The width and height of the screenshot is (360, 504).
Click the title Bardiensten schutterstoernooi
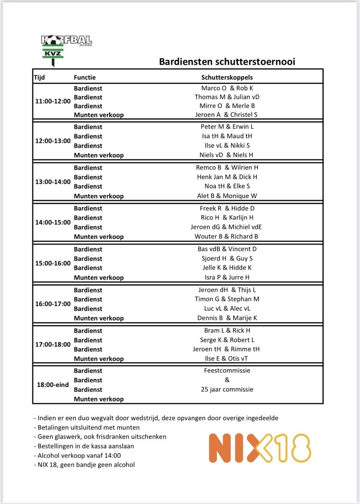[x=227, y=62]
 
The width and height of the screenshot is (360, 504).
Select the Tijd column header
[x=39, y=77]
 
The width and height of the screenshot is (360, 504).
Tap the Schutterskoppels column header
[x=227, y=77]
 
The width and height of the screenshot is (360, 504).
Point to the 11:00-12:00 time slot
[x=53, y=101]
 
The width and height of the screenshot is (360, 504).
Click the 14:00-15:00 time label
[x=53, y=222]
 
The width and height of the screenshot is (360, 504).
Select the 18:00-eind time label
[x=53, y=385]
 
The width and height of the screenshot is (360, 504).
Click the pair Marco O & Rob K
[x=227, y=88]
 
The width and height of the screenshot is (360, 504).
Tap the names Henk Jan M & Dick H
[x=227, y=177]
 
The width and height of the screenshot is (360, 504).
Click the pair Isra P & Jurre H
[x=227, y=277]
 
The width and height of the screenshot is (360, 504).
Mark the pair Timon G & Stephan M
[x=227, y=299]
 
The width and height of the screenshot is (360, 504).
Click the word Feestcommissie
[x=227, y=370]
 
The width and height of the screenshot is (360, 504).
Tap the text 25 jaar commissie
[x=227, y=389]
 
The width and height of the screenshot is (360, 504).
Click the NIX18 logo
[x=260, y=448]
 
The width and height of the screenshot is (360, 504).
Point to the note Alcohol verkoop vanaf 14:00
[x=79, y=455]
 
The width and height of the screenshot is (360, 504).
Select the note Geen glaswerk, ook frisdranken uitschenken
[x=102, y=437]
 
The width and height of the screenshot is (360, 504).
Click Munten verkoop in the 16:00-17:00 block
[x=99, y=318]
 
